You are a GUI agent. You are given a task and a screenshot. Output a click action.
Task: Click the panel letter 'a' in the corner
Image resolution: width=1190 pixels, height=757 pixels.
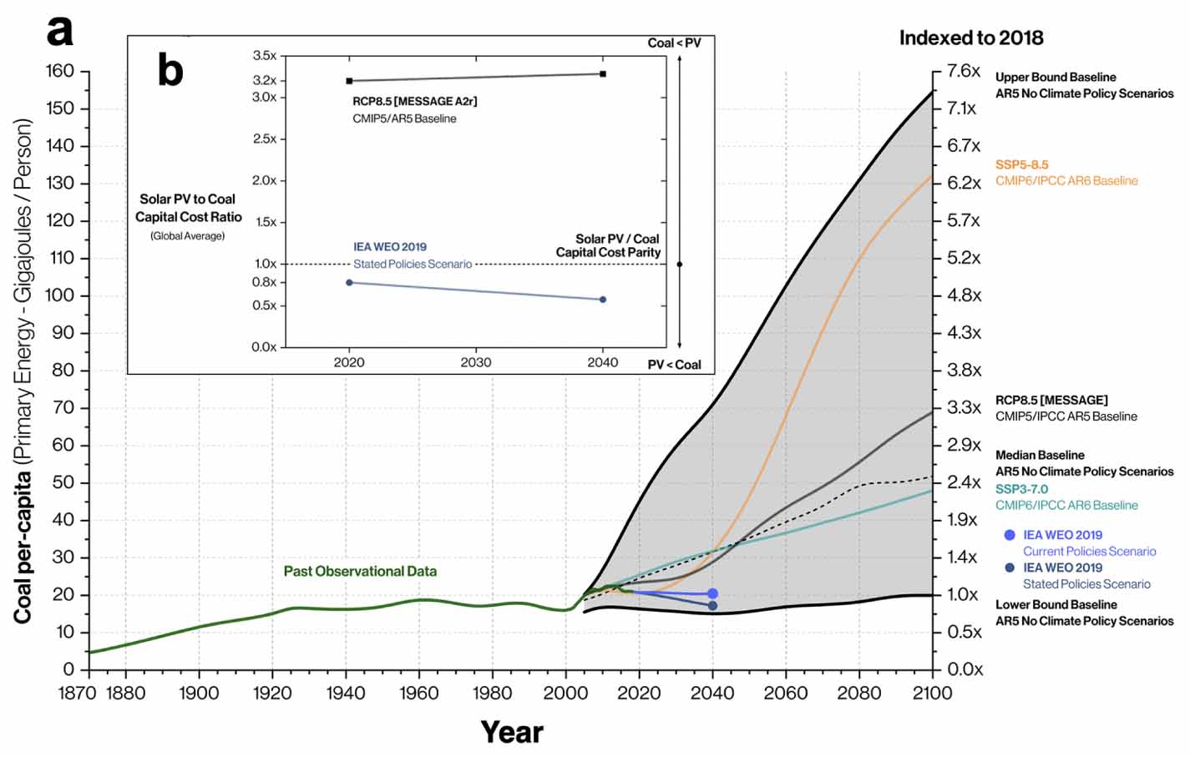tap(59, 31)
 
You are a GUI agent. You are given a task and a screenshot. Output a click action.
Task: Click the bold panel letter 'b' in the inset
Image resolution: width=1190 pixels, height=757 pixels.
tap(170, 70)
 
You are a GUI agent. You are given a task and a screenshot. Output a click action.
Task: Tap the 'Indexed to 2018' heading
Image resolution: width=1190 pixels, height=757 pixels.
tap(970, 38)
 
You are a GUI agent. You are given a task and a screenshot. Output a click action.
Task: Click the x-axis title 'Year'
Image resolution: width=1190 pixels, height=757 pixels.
tap(511, 732)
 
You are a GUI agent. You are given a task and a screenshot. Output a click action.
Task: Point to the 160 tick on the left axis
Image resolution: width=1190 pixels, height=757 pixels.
tap(59, 71)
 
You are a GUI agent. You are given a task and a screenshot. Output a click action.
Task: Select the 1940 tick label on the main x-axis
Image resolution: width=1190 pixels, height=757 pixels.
tap(345, 693)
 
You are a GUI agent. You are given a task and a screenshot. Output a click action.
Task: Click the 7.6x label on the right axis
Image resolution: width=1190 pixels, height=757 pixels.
tap(963, 71)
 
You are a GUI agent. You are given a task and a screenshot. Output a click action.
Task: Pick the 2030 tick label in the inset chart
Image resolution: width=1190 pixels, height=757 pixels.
tap(475, 362)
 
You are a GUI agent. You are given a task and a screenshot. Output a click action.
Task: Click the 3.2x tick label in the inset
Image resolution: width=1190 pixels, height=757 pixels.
tap(265, 81)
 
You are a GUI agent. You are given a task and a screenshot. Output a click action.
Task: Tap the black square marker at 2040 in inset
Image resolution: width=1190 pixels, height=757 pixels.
tap(603, 74)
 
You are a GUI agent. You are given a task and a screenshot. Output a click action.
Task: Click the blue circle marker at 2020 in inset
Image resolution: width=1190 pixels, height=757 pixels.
tap(349, 282)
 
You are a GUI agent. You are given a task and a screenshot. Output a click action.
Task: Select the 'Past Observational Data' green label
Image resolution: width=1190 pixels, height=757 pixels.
tap(360, 572)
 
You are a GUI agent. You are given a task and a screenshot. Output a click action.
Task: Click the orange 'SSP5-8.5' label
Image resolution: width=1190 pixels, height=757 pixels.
tap(1021, 165)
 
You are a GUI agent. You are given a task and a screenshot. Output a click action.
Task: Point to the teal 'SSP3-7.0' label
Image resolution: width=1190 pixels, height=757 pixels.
tap(1020, 489)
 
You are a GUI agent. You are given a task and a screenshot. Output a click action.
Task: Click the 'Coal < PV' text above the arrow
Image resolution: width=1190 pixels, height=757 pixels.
tap(674, 43)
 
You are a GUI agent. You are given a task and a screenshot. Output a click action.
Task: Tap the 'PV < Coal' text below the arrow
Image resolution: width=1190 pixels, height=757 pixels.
tap(674, 365)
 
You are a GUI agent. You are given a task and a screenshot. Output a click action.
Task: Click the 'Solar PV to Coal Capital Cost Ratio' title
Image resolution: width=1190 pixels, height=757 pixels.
tap(189, 208)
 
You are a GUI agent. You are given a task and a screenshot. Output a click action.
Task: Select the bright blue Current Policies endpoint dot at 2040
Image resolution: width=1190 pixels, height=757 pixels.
tap(712, 593)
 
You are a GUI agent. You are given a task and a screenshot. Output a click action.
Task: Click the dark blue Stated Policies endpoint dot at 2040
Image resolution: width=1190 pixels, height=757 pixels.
tap(712, 605)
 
